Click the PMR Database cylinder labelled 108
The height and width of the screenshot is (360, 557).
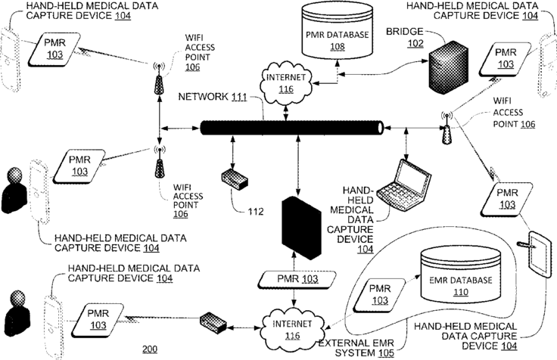click(337, 29)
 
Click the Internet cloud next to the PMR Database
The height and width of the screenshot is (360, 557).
click(286, 82)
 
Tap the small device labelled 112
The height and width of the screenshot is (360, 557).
click(235, 179)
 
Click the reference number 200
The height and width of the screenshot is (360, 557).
click(150, 349)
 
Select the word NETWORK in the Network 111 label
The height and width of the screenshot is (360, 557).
click(203, 97)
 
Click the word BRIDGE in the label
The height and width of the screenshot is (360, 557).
click(405, 32)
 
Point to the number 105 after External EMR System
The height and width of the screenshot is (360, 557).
click(386, 353)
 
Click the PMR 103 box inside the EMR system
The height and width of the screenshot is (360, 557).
click(379, 295)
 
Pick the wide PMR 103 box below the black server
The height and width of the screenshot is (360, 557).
click(297, 279)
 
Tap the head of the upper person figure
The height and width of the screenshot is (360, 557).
click(14, 175)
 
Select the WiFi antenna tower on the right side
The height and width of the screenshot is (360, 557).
click(447, 128)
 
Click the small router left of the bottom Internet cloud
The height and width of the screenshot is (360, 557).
click(213, 322)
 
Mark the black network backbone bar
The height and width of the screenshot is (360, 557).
click(292, 128)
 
